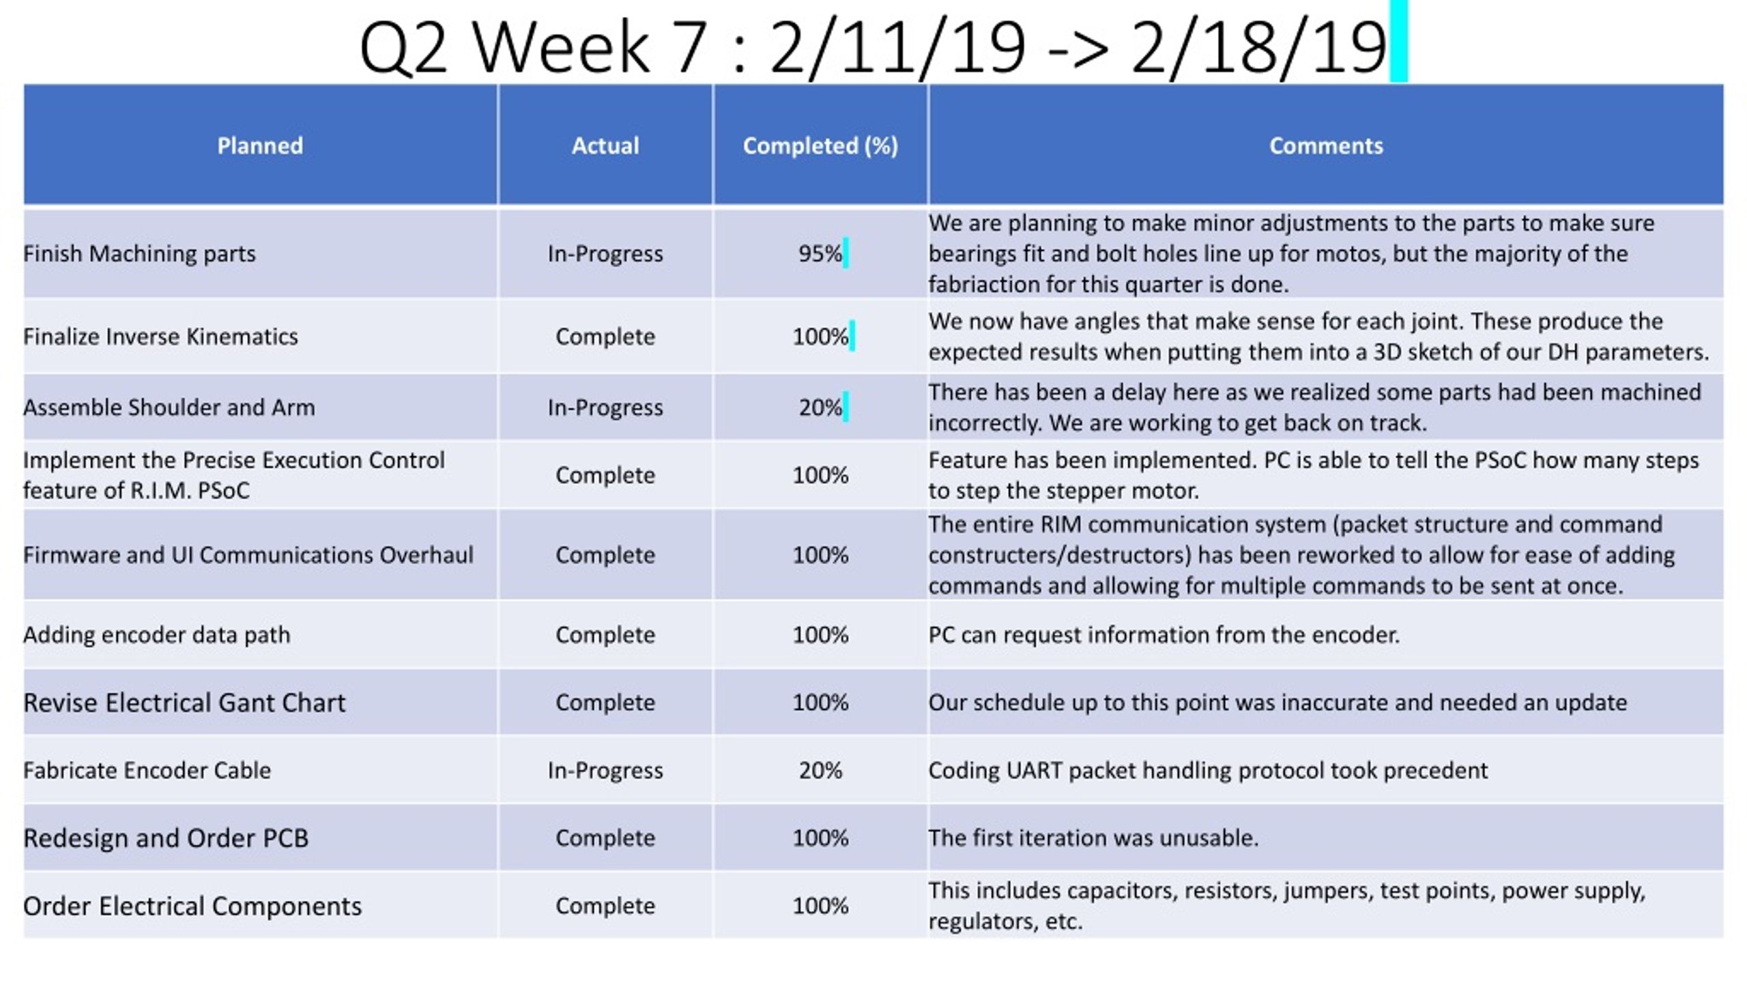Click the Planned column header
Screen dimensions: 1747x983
(x=260, y=145)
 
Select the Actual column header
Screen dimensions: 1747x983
(x=605, y=145)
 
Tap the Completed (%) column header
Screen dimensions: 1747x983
(x=820, y=146)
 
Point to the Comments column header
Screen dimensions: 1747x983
(x=1326, y=145)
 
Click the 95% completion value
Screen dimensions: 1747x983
(x=820, y=254)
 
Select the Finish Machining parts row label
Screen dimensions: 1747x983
(x=139, y=254)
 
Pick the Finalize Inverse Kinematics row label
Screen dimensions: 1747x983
(x=160, y=337)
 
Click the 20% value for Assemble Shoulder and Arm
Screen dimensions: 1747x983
(x=820, y=408)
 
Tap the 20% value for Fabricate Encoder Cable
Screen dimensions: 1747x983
(x=820, y=771)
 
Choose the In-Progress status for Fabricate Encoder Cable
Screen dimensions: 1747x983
(x=605, y=771)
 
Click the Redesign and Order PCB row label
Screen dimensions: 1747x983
(x=166, y=838)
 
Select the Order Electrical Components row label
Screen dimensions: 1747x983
(x=192, y=907)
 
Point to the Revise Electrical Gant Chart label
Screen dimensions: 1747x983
(x=184, y=702)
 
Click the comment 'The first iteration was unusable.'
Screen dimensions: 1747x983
(x=1093, y=838)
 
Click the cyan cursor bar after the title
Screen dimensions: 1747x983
(x=1399, y=41)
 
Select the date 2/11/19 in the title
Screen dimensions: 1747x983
(x=897, y=46)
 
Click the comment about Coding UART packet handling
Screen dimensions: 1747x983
(x=1208, y=771)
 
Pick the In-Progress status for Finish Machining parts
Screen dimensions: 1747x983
(x=605, y=254)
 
